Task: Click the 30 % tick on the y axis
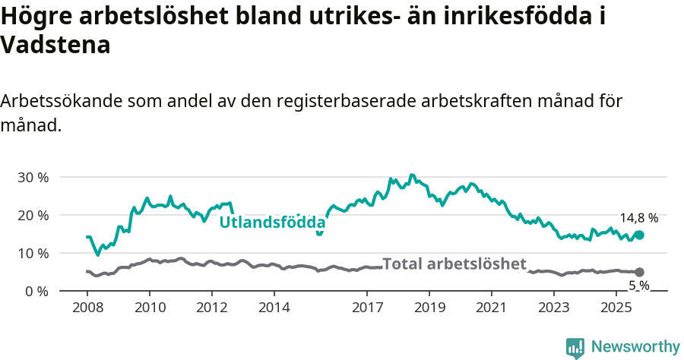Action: click(x=33, y=178)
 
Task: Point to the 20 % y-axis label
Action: click(x=33, y=216)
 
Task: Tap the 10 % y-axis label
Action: click(x=33, y=254)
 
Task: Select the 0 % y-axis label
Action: click(x=36, y=292)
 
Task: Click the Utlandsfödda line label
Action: click(x=272, y=223)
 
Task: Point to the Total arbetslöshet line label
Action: click(x=454, y=264)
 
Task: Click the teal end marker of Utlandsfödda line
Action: click(x=639, y=235)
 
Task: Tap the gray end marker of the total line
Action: click(x=639, y=272)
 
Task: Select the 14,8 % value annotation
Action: click(x=638, y=218)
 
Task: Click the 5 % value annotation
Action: click(x=638, y=286)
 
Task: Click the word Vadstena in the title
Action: click(x=55, y=45)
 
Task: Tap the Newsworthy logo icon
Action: click(x=575, y=347)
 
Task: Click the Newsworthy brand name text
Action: click(x=635, y=347)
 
